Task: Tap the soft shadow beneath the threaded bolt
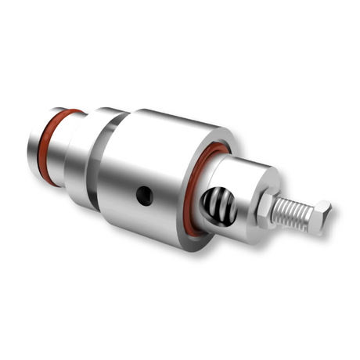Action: point(301,235)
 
